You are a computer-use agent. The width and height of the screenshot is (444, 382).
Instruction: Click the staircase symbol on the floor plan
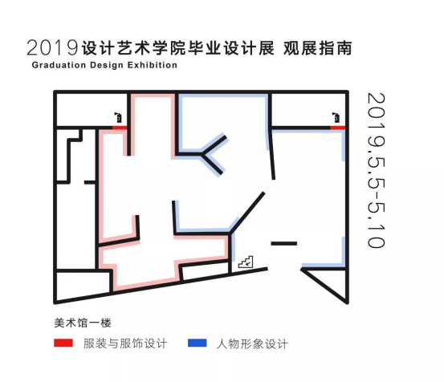pyautogui.click(x=246, y=262)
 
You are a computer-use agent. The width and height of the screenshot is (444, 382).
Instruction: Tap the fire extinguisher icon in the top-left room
pyautogui.click(x=118, y=117)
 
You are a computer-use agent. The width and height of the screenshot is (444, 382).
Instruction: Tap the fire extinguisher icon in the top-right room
pyautogui.click(x=336, y=117)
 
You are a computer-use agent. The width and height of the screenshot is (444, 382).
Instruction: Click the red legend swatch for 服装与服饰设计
pyautogui.click(x=63, y=343)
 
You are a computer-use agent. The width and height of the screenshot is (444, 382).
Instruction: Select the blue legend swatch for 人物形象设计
pyautogui.click(x=198, y=343)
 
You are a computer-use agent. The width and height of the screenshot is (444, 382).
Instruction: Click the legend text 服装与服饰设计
pyautogui.click(x=125, y=343)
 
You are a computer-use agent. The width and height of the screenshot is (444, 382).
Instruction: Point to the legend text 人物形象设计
pyautogui.click(x=252, y=343)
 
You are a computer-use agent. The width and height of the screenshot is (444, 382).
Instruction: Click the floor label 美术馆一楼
pyautogui.click(x=83, y=323)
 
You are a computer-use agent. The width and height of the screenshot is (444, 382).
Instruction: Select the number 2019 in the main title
pyautogui.click(x=52, y=47)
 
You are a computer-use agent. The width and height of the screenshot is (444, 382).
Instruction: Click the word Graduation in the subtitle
pyautogui.click(x=59, y=65)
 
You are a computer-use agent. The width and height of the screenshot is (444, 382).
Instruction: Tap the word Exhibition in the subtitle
pyautogui.click(x=153, y=65)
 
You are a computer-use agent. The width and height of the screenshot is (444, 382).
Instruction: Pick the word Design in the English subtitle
pyautogui.click(x=107, y=65)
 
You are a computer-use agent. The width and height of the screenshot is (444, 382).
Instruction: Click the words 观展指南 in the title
pyautogui.click(x=318, y=48)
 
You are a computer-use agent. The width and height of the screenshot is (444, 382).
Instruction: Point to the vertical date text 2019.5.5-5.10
pyautogui.click(x=377, y=170)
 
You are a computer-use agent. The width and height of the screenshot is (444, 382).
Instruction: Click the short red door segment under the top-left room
pyautogui.click(x=120, y=128)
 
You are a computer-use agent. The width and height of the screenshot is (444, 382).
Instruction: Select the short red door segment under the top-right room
pyautogui.click(x=338, y=128)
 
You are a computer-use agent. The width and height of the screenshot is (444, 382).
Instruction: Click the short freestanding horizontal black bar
pyautogui.click(x=284, y=243)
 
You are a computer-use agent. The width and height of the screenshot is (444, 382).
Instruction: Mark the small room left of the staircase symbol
pyautogui.click(x=205, y=270)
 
